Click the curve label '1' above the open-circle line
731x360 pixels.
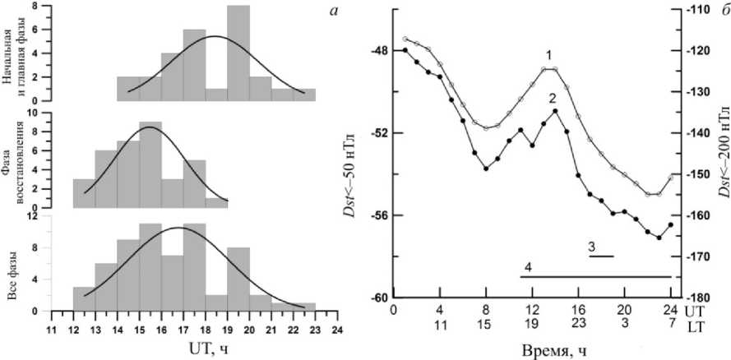click(549, 54)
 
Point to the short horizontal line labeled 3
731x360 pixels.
click(601, 256)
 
